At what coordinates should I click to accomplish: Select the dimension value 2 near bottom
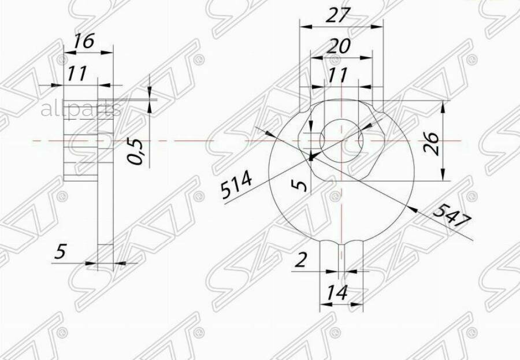[300, 260]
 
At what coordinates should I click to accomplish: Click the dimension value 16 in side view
[84, 42]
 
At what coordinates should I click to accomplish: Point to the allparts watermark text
[80, 109]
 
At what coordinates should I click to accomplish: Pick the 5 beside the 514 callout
[299, 185]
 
